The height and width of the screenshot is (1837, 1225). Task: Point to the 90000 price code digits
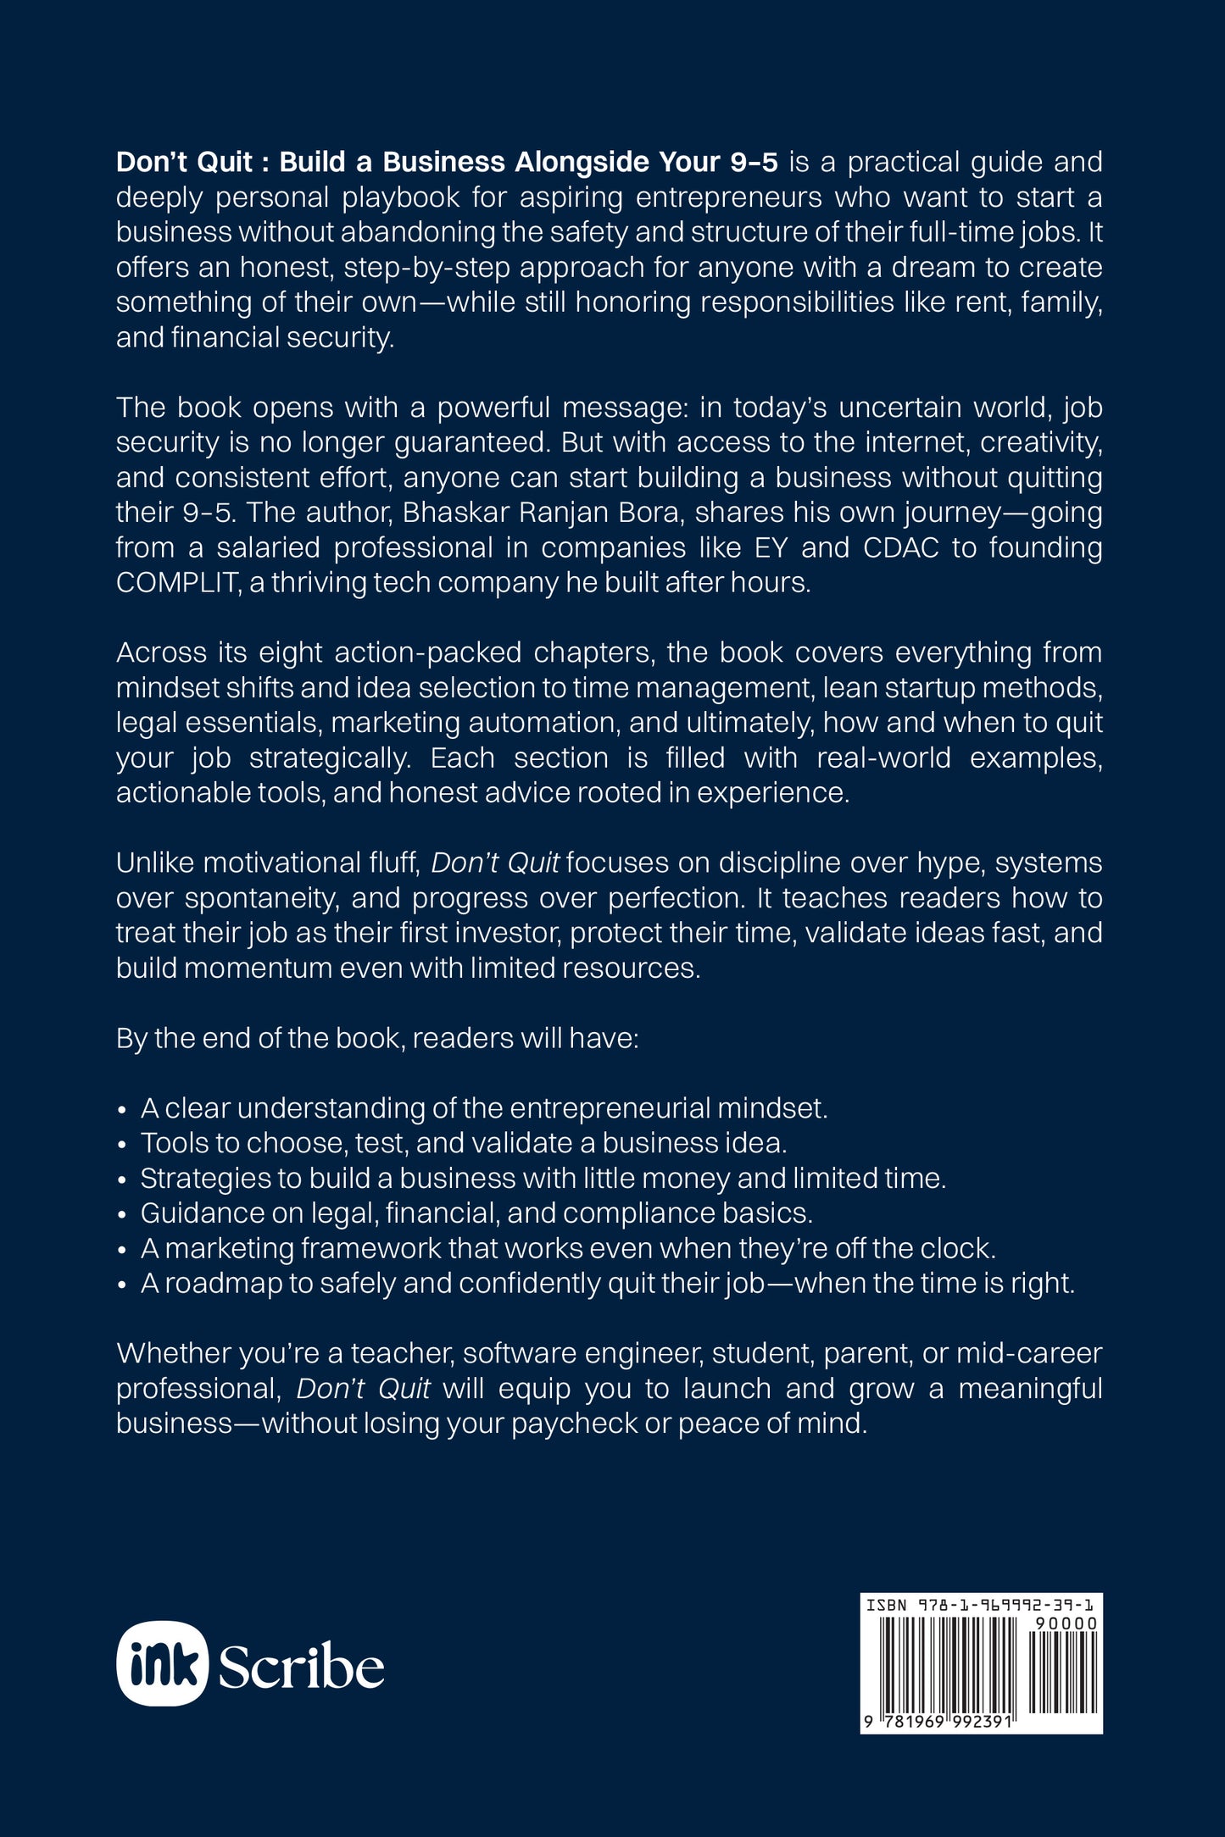[1066, 1623]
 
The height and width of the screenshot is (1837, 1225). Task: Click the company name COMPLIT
[177, 583]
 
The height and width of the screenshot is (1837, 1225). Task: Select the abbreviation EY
[771, 548]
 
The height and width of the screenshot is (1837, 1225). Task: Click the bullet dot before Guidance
[123, 1215]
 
